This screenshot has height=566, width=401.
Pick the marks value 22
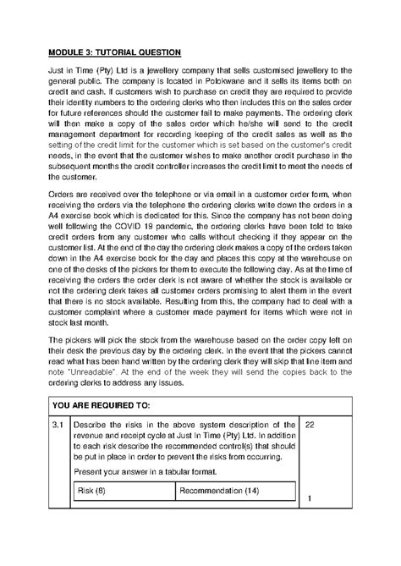[311, 424]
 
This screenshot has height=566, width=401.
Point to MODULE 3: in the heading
[73, 52]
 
